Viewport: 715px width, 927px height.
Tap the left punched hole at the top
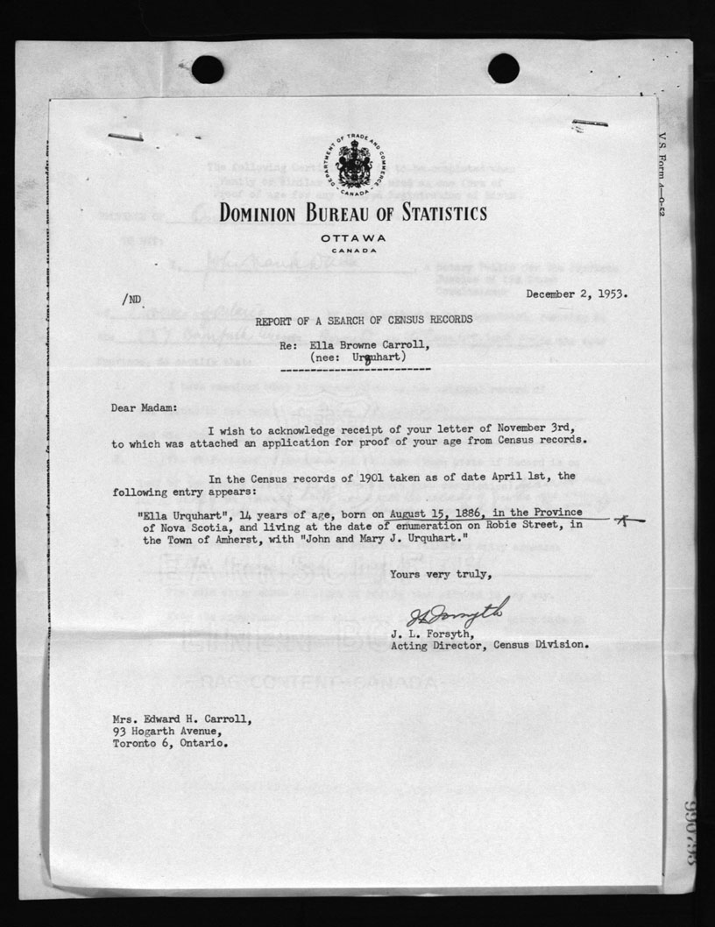(207, 69)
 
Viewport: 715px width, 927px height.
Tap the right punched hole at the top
(503, 68)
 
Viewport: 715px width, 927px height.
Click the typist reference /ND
(131, 300)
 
